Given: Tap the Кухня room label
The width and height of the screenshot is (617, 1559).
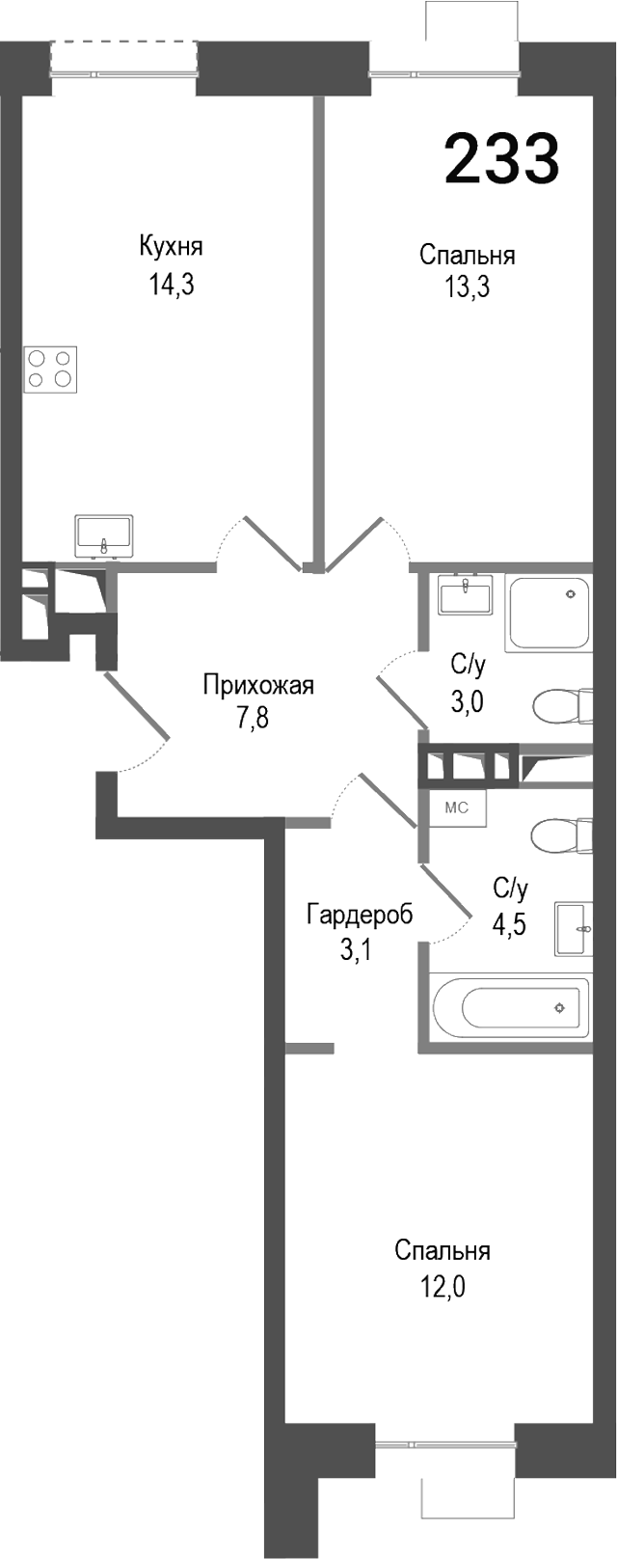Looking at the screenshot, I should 172,246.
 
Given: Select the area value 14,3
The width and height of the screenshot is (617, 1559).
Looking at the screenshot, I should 172,286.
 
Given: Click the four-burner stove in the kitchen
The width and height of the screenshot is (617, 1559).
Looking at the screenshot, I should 51,368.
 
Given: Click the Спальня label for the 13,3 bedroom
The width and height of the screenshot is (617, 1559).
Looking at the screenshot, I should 467,255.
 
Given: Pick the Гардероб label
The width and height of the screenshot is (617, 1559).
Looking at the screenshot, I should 360,914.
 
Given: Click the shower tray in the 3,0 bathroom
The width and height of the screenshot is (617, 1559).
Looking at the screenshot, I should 549,613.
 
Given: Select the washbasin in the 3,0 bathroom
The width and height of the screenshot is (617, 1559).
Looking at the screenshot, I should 465,594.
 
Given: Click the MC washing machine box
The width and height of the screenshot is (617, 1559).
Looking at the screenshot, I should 456,807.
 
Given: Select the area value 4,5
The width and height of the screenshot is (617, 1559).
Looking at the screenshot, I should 510,924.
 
